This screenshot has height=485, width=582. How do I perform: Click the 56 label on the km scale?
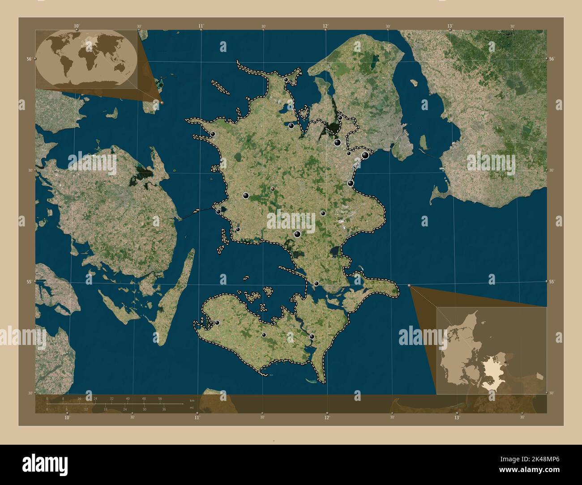click(160, 398)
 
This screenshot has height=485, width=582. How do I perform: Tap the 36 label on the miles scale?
click(164, 409)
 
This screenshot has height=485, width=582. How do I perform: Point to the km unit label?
click(192, 400)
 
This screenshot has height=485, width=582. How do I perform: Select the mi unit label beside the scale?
click(192, 408)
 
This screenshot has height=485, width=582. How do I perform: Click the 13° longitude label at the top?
click(450, 26)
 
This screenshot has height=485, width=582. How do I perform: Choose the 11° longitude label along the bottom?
click(197, 417)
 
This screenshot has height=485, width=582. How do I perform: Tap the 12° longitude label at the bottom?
click(327, 417)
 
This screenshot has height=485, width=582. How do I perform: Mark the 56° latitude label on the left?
click(29, 59)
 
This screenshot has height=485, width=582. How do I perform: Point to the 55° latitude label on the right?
click(552, 281)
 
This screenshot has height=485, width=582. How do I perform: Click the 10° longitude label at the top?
click(77, 26)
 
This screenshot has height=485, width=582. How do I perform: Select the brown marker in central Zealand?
click(273, 189)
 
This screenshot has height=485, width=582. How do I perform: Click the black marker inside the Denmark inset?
click(505, 362)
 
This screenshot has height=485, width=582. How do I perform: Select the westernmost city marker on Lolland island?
click(217, 323)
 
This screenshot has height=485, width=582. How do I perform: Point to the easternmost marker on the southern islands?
click(312, 336)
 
